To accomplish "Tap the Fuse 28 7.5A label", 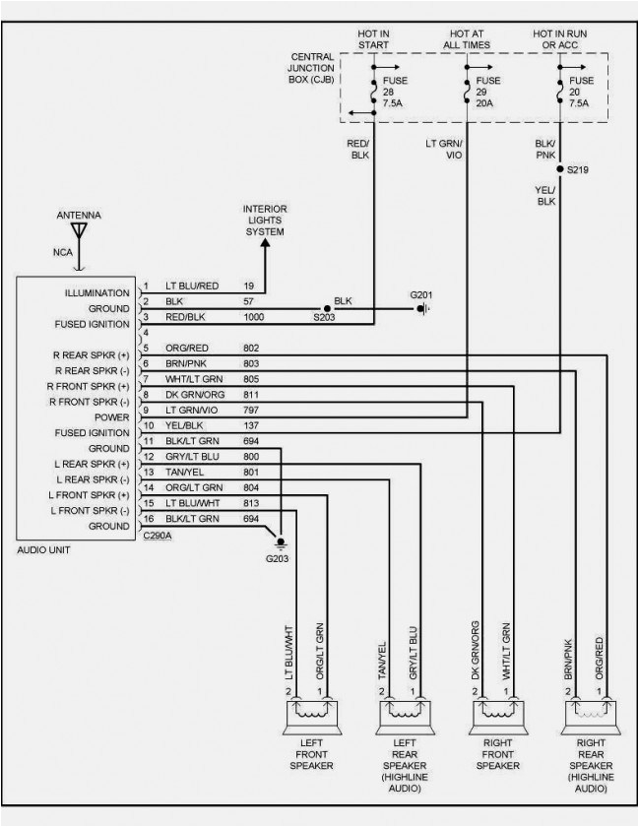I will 394,92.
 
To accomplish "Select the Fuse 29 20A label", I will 487,92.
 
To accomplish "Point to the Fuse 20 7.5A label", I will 580,92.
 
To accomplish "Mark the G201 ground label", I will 422,294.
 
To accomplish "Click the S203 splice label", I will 324,319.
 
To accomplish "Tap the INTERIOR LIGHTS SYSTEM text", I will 265,221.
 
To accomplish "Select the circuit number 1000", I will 256,316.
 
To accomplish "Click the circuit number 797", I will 252,410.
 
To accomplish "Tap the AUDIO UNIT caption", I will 44,549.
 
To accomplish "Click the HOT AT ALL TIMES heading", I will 465,39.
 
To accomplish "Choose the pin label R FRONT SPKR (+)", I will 91,385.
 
